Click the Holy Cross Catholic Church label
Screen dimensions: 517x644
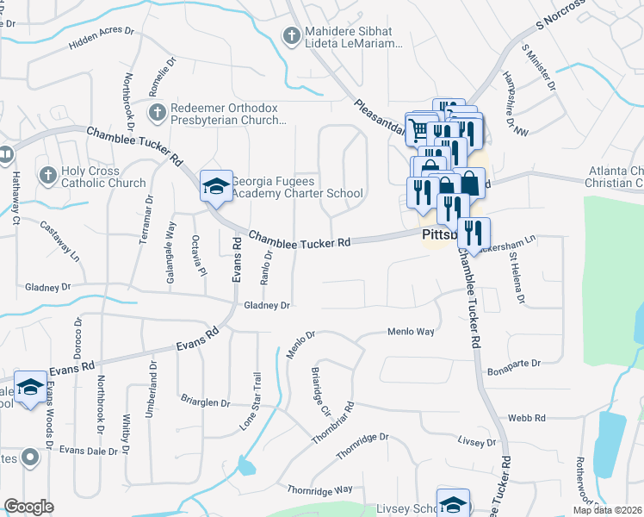[x=102, y=177]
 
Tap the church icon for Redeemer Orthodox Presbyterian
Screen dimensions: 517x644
[x=157, y=112]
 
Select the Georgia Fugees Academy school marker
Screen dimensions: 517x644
[x=215, y=186]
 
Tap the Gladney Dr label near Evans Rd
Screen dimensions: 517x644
[x=266, y=305]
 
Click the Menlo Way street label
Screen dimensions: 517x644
[x=411, y=331]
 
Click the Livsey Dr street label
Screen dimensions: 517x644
[x=479, y=442]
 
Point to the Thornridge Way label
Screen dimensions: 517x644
[x=320, y=489]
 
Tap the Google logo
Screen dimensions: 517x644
[x=28, y=506]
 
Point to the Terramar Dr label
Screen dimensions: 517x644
[x=145, y=220]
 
